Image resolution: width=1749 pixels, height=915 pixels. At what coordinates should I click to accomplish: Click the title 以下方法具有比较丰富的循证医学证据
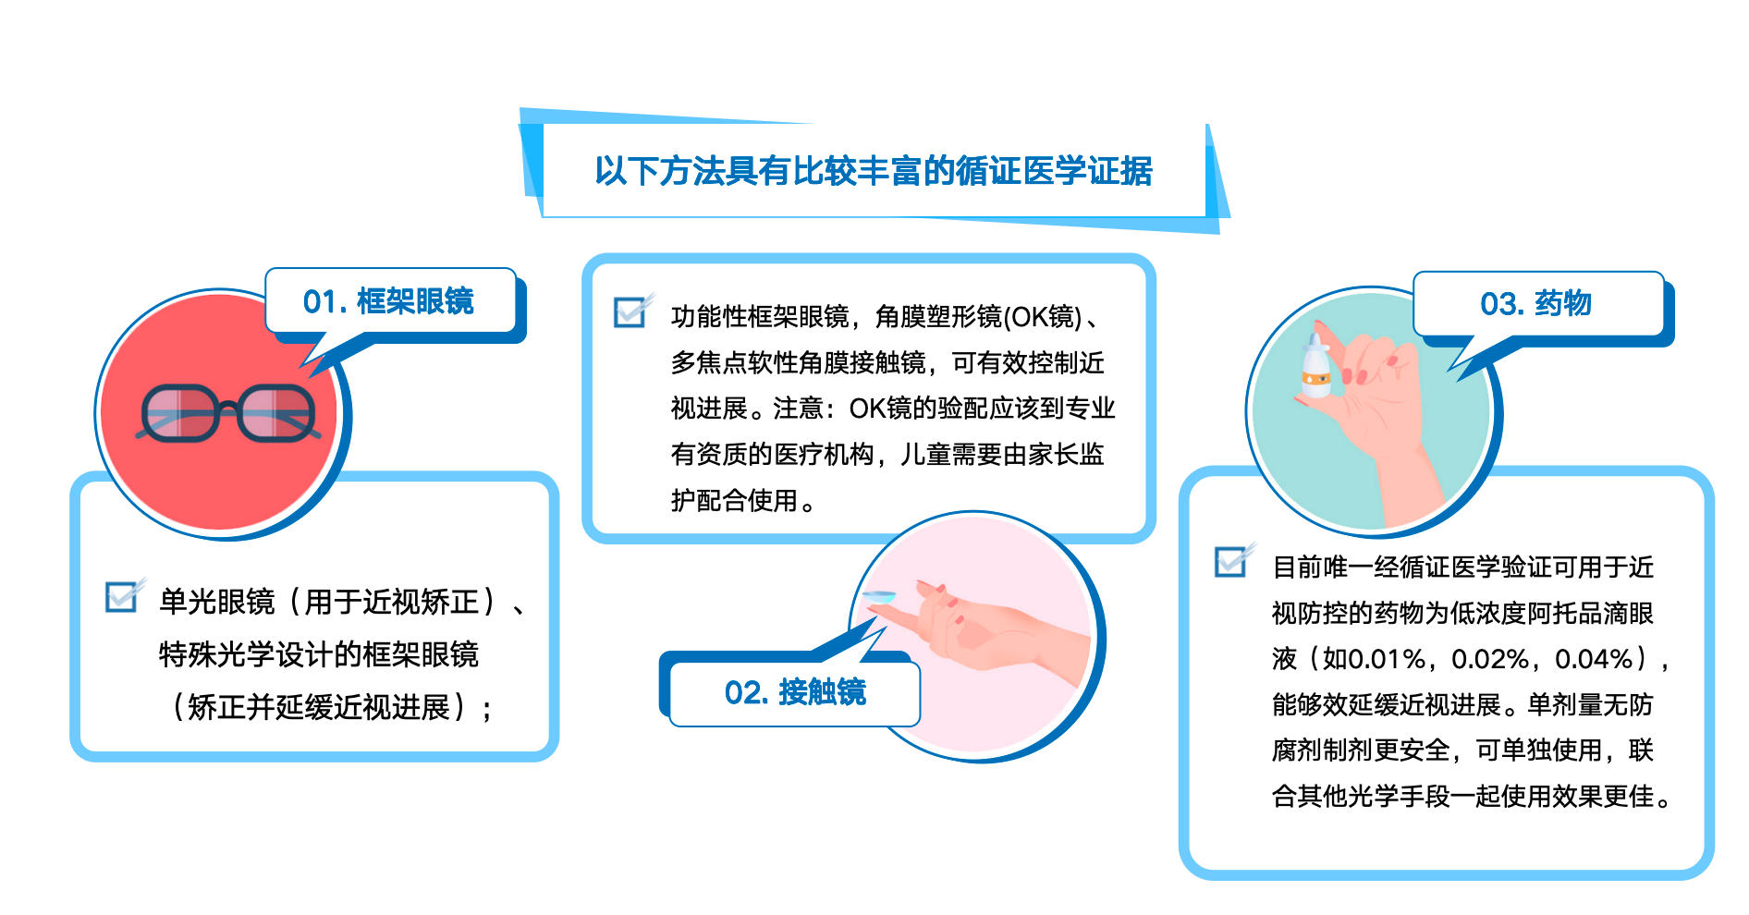pos(874,171)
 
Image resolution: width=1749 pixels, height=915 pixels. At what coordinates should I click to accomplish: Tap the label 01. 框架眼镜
pos(388,301)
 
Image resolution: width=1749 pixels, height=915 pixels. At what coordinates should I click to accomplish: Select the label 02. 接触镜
pos(795,692)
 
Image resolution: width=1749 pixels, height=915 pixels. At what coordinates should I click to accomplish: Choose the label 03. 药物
pos(1535,303)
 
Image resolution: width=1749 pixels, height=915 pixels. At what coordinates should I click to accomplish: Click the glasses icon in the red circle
pos(227,413)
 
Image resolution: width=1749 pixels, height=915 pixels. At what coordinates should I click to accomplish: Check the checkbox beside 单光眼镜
pos(121,597)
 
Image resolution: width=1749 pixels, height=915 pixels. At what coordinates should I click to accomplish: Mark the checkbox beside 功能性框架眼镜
pos(630,312)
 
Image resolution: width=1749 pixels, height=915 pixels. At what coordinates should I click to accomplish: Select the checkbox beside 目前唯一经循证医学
pos(1230,561)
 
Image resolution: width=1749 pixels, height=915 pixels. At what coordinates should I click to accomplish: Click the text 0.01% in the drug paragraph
pos(1374,659)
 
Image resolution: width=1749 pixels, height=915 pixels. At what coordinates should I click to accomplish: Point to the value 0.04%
pos(1594,659)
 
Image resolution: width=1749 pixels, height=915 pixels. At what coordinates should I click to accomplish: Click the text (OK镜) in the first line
pos(1042,317)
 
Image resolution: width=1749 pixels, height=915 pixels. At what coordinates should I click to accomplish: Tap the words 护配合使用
pos(734,501)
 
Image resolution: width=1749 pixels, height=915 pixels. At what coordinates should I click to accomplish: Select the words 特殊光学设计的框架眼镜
pos(319,654)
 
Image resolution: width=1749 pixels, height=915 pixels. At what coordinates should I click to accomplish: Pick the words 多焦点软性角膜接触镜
pos(798,363)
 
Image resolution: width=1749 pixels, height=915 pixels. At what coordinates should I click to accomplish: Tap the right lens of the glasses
pos(275,413)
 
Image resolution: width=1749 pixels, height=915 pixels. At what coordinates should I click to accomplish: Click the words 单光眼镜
pos(217,602)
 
